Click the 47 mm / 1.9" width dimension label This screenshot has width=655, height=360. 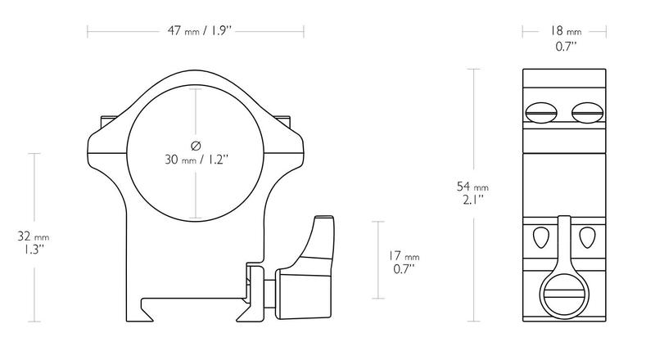pos(199,31)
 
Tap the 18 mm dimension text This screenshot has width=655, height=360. pos(565,31)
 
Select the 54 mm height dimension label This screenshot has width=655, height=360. pos(472,187)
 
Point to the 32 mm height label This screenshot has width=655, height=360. pos(34,236)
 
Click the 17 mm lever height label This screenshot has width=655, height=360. pos(404,255)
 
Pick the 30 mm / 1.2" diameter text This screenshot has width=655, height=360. pos(196,159)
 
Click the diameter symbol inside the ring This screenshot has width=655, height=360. pos(196,146)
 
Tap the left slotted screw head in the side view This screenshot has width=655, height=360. pos(541,113)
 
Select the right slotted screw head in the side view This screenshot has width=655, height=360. pos(587,113)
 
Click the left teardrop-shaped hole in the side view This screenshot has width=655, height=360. pos(540,237)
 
